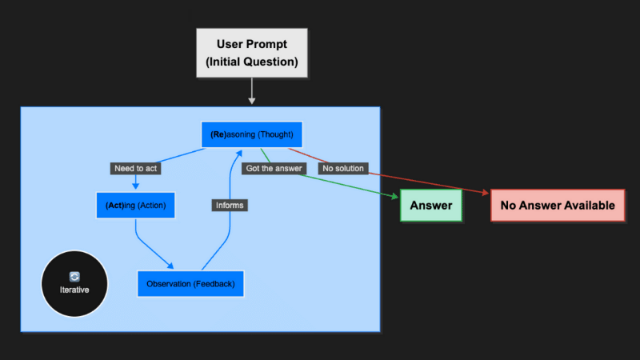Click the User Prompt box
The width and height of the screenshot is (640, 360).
click(x=251, y=52)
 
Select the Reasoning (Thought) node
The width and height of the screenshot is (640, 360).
click(x=251, y=134)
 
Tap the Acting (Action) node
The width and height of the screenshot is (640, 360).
click(x=135, y=206)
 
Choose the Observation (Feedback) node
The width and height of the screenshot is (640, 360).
click(x=190, y=284)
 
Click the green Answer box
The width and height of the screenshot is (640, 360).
click(x=430, y=206)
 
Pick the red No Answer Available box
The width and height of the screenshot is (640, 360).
click(x=557, y=206)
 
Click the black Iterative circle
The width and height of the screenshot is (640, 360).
click(x=74, y=284)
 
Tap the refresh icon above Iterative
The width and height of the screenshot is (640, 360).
click(x=74, y=276)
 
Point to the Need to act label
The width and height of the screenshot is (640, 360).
click(x=135, y=168)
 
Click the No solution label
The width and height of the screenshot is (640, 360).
click(x=342, y=168)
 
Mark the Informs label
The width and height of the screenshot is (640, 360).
click(x=230, y=206)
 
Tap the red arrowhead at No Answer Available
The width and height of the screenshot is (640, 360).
click(x=485, y=194)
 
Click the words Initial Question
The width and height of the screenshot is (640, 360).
click(x=251, y=62)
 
